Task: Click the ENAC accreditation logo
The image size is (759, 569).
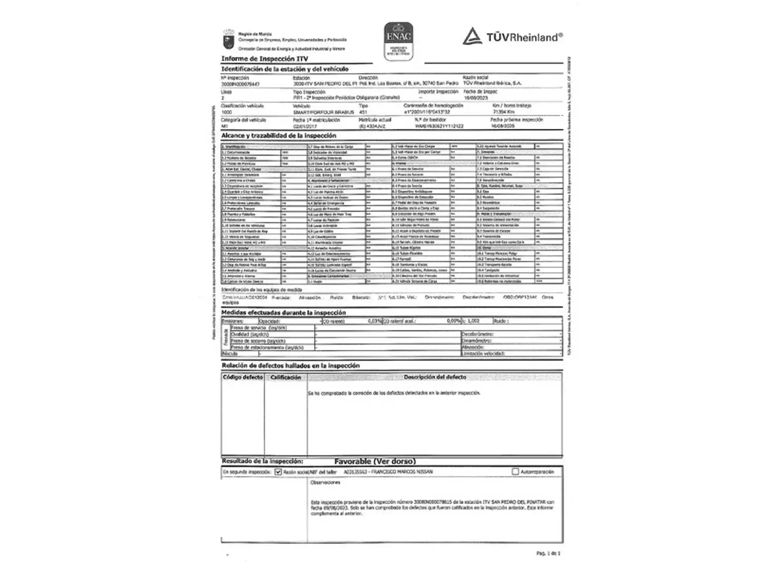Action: pos(398,40)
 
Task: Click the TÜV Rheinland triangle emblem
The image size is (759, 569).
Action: pos(472,36)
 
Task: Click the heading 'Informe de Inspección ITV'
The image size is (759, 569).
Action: pos(265,58)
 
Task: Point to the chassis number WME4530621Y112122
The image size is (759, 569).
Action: pos(439,126)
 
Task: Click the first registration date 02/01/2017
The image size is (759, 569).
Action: pos(305,126)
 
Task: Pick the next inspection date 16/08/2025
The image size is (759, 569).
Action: pos(502,126)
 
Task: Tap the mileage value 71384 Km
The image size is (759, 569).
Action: pos(504,112)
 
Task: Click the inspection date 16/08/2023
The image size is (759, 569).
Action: pos(476,98)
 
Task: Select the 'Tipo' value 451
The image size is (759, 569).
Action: pos(363,112)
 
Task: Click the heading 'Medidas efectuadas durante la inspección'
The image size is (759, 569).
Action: pos(284,312)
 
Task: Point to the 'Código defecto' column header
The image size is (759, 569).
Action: pos(242,377)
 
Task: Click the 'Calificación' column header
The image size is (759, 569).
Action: pos(285,377)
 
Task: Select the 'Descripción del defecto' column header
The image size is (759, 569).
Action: pos(435,377)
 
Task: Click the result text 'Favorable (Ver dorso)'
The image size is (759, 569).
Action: pos(375,462)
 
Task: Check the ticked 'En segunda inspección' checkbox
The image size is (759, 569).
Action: pos(278,472)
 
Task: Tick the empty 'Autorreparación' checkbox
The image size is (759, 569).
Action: pos(515,472)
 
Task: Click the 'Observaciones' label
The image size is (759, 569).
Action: pos(325,483)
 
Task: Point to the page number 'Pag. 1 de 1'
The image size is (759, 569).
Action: pos(548,553)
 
